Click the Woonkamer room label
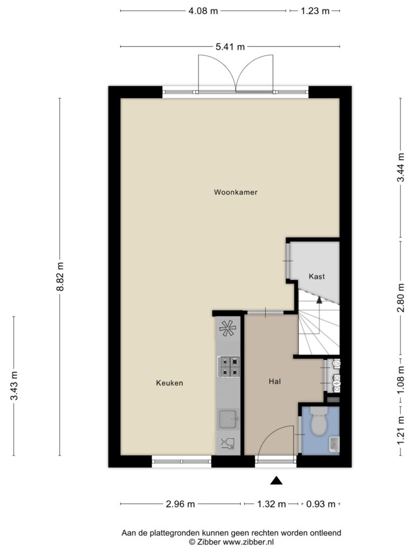pos(236,192)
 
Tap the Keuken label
pos(169,383)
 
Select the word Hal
pos(274,381)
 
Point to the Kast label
pos(316,277)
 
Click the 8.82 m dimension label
pos(60,277)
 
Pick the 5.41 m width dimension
pos(230,47)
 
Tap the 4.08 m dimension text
pos(203,11)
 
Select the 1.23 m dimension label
pos(315,11)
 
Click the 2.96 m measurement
pos(180,504)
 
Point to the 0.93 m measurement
pos(321,504)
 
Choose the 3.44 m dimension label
pos(401,168)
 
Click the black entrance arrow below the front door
pos(277,480)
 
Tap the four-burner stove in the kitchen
pos(229,367)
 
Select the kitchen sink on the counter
pos(228,419)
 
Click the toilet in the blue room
pos(319,421)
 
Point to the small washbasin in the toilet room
pos(334,444)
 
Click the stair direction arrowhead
pos(319,300)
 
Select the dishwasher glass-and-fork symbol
pos(228,444)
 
